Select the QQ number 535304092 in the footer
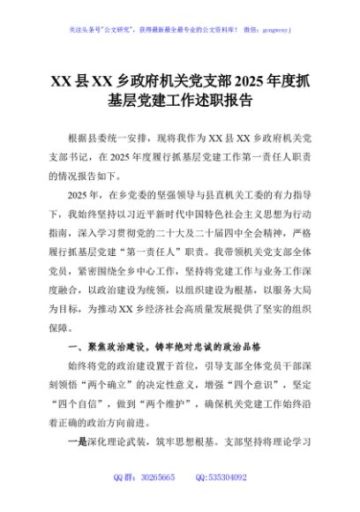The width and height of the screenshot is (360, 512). pos(228,478)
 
